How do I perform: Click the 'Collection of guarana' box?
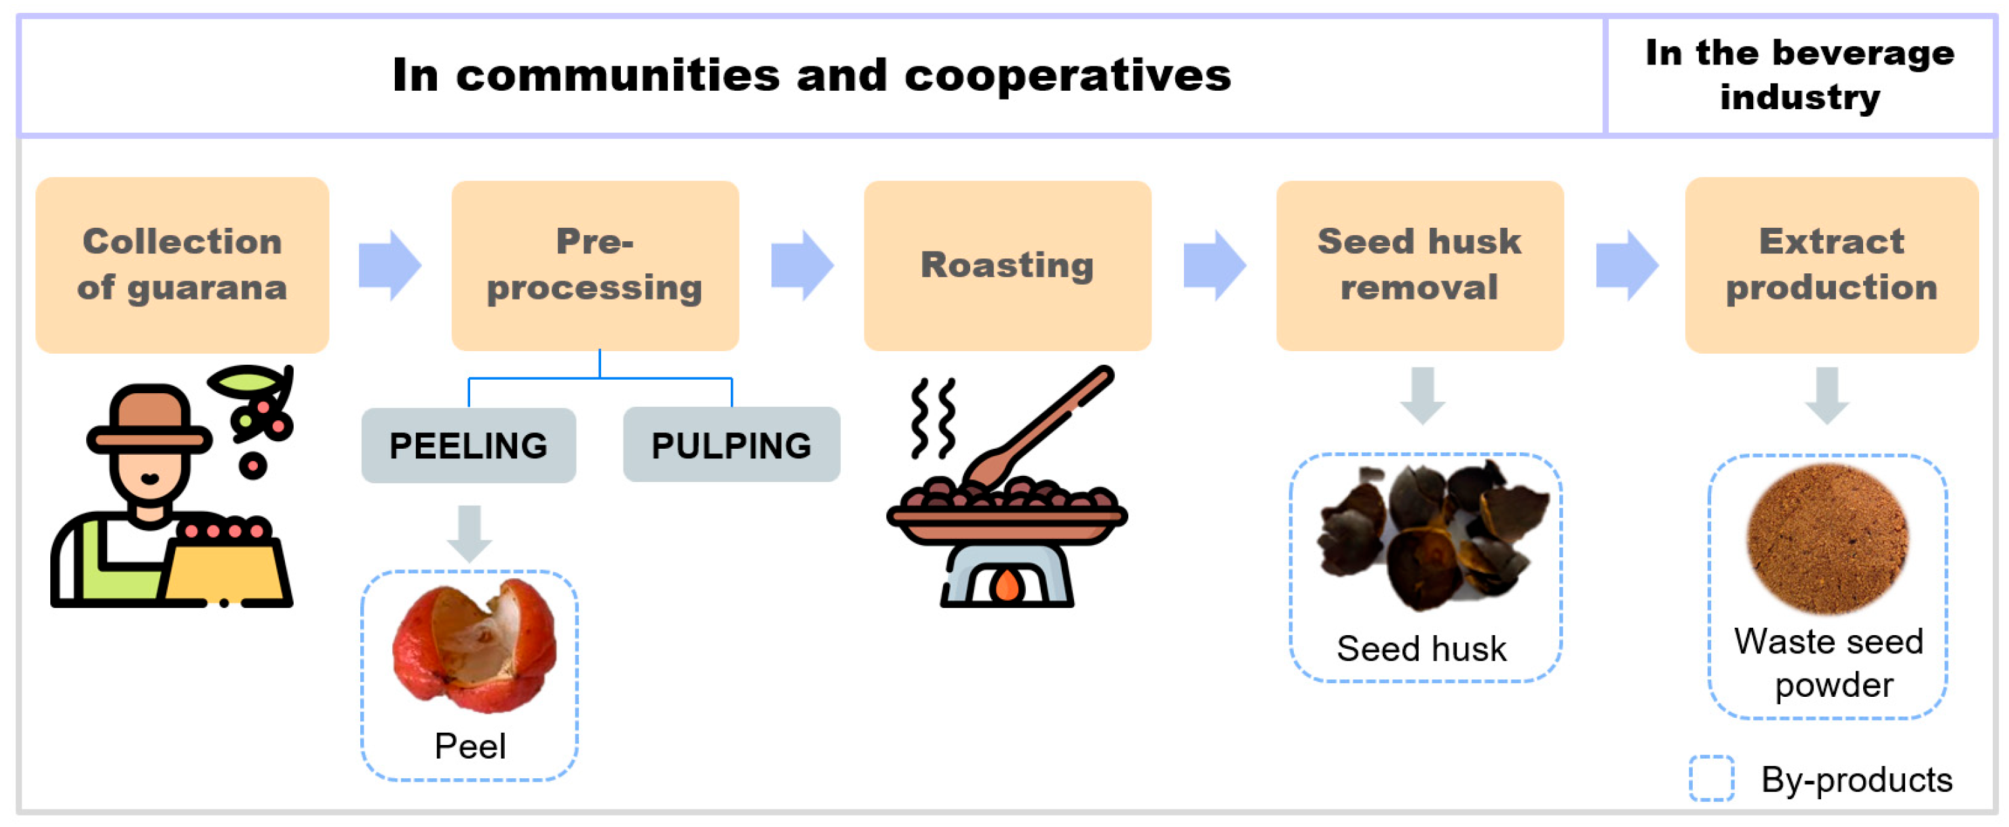tap(182, 265)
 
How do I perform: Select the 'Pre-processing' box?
tap(594, 265)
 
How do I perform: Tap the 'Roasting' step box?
tap(1007, 265)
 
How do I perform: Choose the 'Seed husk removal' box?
tap(1419, 265)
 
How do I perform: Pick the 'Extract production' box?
tap(1831, 265)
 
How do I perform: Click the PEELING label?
tap(468, 446)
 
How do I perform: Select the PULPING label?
tap(731, 445)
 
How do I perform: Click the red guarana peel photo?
tap(474, 645)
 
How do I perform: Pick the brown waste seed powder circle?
tap(1826, 538)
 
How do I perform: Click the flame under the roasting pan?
tap(1007, 584)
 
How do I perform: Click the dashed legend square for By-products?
tap(1711, 778)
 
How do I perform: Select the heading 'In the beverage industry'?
tap(1799, 75)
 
